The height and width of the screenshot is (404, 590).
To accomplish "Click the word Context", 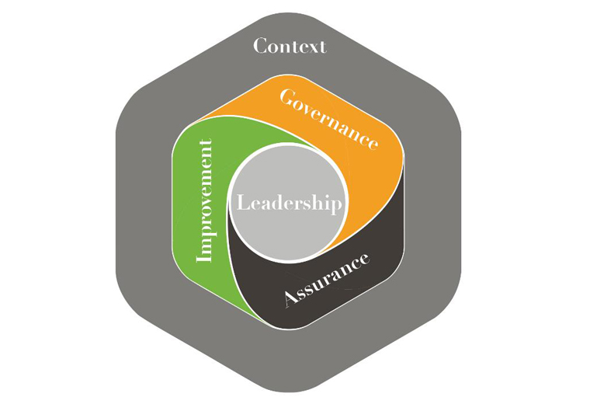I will (290, 46).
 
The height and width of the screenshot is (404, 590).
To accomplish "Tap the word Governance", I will (329, 119).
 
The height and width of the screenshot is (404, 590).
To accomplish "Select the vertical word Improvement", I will (205, 200).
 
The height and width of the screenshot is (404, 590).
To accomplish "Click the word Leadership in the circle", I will (289, 204).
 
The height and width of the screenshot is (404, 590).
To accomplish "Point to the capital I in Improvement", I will (205, 256).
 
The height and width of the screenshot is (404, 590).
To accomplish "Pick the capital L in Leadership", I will (242, 204).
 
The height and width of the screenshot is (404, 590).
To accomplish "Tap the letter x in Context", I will (311, 47).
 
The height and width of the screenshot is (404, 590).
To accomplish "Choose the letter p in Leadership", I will (335, 206).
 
